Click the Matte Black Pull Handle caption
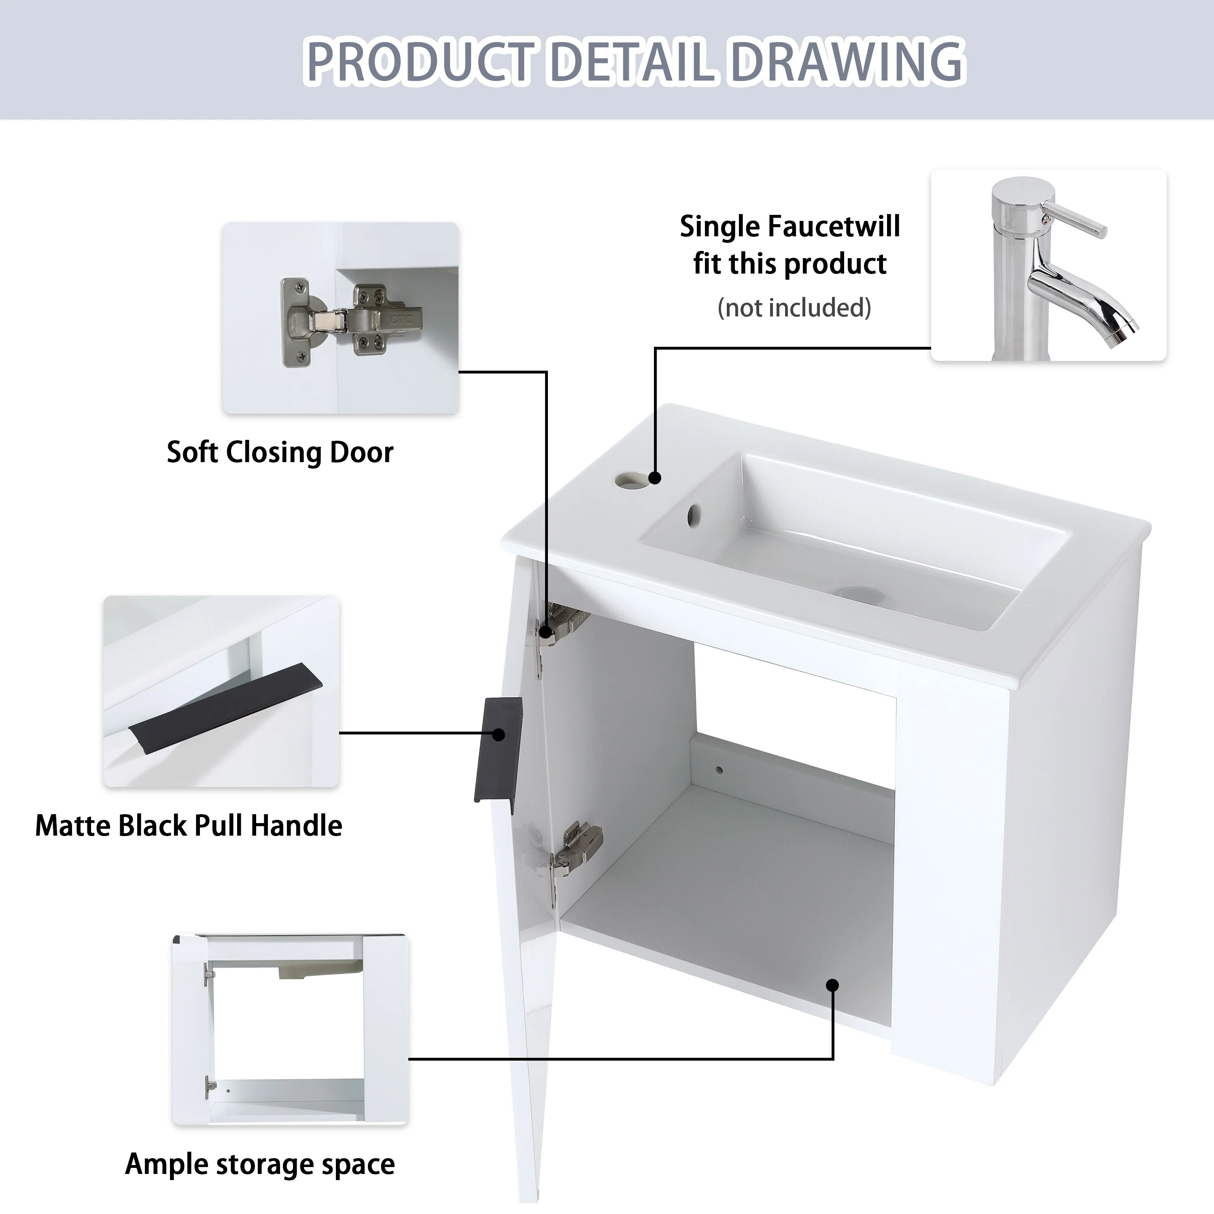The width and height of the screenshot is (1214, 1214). (189, 825)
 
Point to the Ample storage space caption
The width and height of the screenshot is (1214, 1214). (260, 1164)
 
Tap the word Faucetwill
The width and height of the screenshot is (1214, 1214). (834, 226)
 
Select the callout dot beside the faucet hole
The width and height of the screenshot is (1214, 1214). (655, 478)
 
